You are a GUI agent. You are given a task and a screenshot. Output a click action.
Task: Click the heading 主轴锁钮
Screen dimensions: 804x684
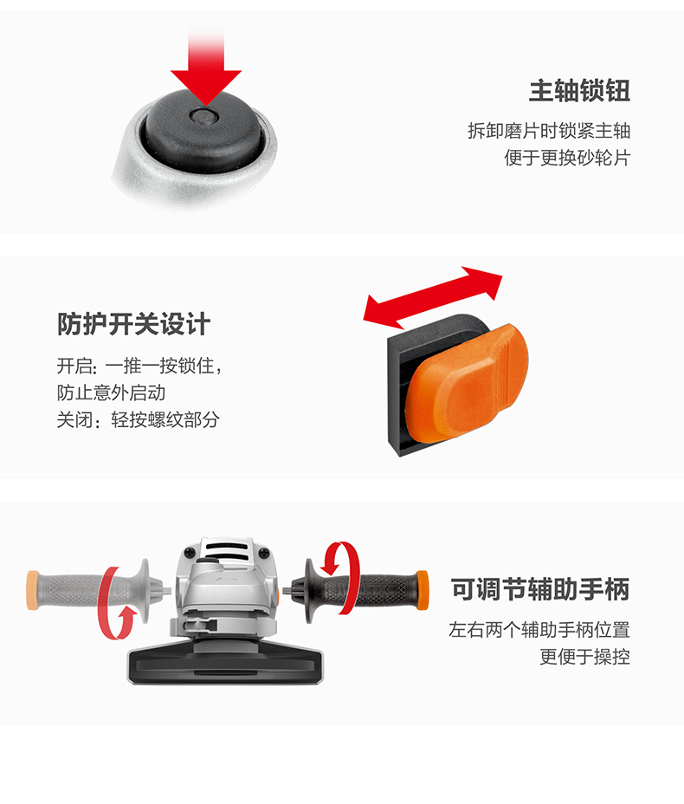(x=579, y=91)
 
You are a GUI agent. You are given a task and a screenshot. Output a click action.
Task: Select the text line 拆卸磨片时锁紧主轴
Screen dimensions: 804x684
(x=548, y=131)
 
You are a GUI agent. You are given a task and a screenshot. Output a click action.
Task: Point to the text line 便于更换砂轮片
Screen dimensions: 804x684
(x=567, y=159)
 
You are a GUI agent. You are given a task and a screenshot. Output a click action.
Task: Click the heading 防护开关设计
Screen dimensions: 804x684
(x=134, y=325)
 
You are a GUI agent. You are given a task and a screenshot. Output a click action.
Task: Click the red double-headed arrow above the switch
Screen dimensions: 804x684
(x=433, y=296)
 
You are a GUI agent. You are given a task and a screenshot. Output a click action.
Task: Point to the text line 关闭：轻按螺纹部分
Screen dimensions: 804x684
(x=139, y=420)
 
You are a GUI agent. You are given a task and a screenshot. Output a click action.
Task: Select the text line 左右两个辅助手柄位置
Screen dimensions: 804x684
(x=539, y=630)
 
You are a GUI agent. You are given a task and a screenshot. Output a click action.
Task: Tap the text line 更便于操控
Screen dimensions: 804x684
(x=584, y=657)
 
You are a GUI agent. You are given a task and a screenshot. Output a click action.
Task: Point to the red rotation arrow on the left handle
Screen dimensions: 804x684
(x=116, y=601)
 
